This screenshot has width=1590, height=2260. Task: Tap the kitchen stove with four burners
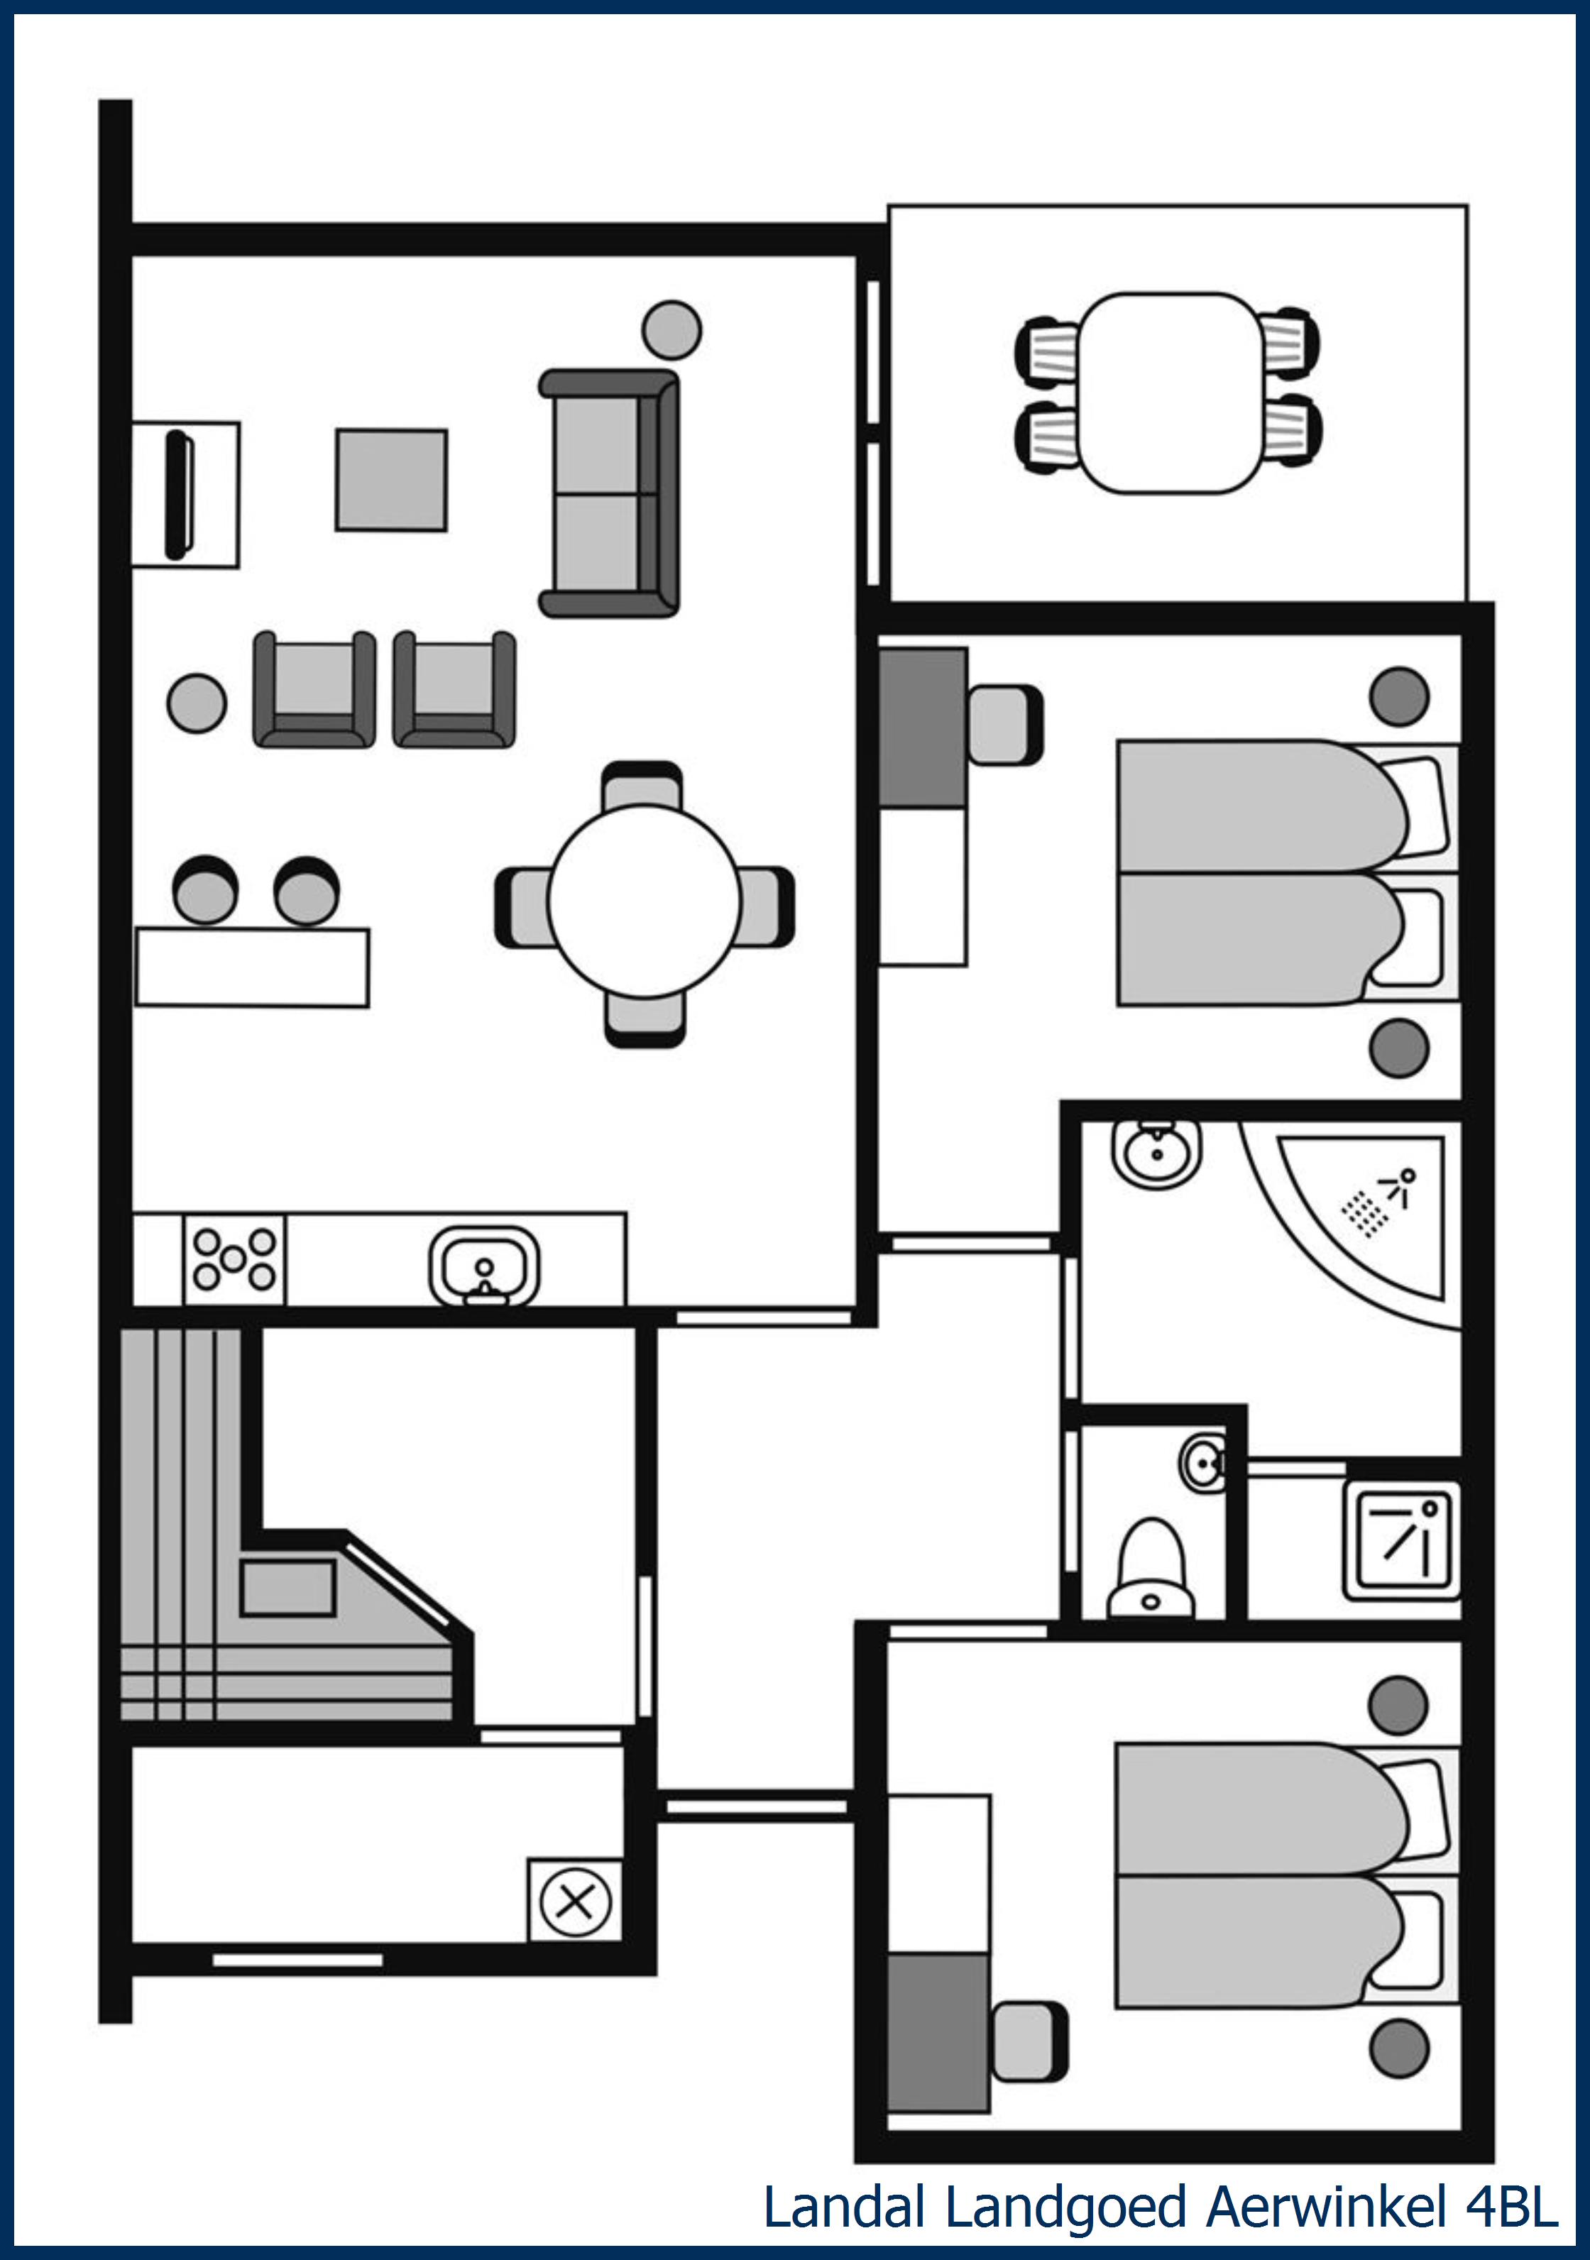[x=234, y=1259]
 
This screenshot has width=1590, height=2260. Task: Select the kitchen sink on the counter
[x=484, y=1265]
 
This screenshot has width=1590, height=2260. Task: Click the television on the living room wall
[x=179, y=494]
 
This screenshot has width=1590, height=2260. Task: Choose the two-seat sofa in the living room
[x=610, y=493]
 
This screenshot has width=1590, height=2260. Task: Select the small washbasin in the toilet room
[x=1204, y=1464]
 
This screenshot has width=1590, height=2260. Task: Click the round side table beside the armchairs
[x=197, y=703]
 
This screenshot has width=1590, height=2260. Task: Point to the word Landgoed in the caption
[x=1065, y=2208]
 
